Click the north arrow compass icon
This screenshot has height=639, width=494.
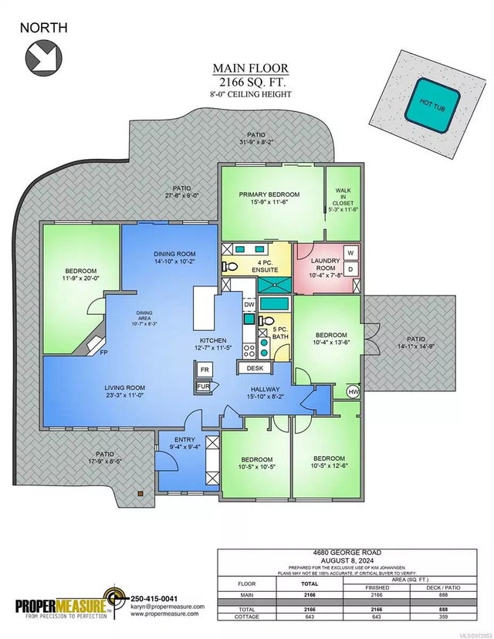(42, 56)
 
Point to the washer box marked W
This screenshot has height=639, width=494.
(350, 253)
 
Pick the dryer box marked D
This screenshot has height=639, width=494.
(350, 269)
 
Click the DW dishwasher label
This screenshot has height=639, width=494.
(249, 304)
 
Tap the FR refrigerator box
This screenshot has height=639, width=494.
(204, 370)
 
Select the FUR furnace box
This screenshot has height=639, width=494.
(204, 386)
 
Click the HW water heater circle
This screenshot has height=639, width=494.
(354, 391)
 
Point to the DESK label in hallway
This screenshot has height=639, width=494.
(255, 369)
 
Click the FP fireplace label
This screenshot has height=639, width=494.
(103, 353)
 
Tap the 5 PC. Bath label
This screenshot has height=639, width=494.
(279, 332)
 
